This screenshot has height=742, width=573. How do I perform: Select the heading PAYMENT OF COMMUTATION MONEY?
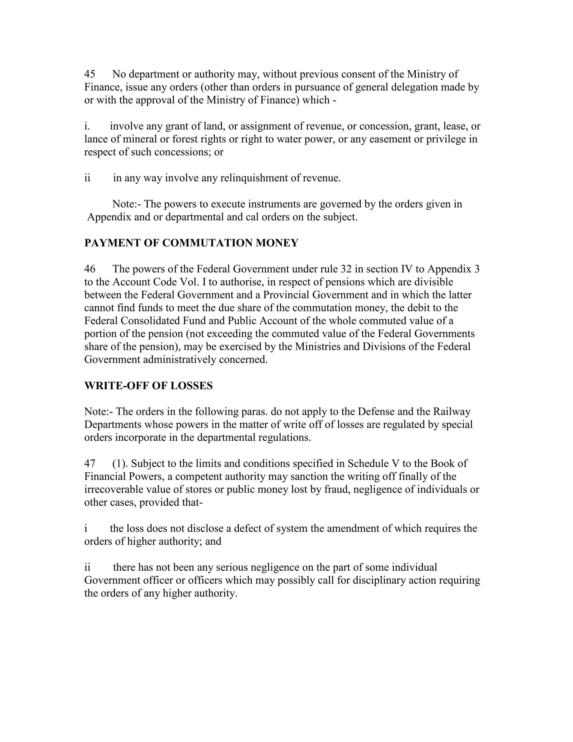tap(191, 243)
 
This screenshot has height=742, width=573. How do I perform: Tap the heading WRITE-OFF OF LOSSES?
tap(148, 386)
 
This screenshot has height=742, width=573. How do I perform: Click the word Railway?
tap(452, 412)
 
